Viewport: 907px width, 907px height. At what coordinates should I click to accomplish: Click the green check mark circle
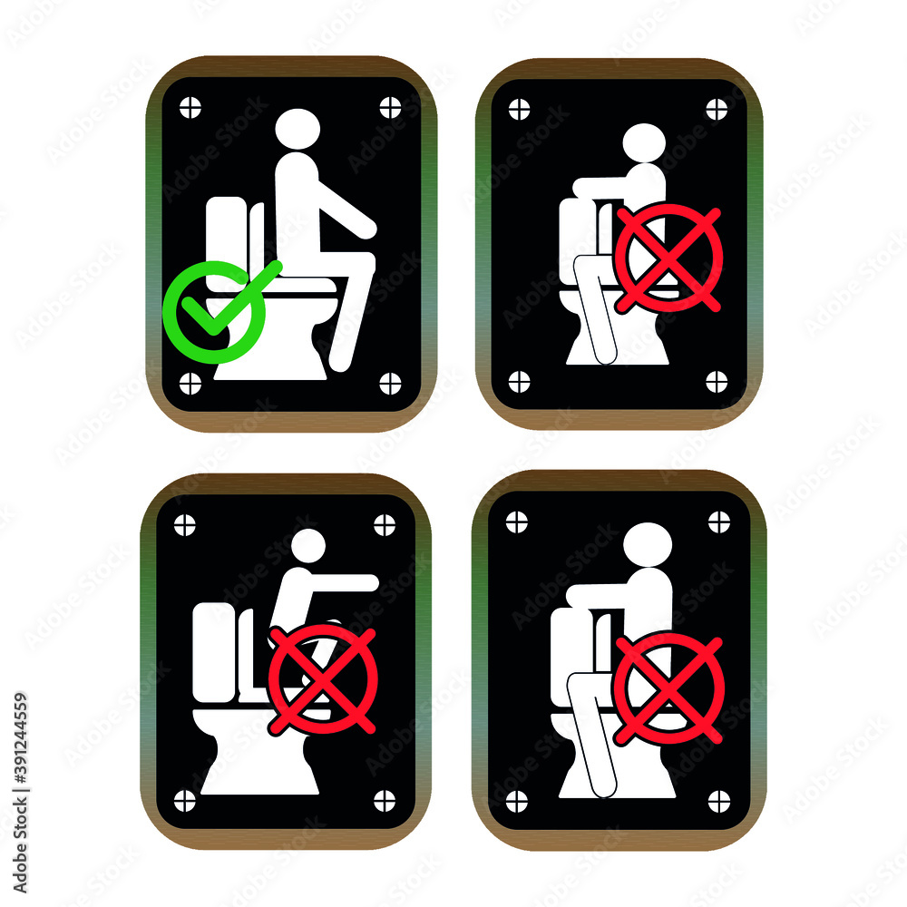(x=215, y=312)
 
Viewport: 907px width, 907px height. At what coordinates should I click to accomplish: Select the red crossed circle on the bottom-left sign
(x=323, y=678)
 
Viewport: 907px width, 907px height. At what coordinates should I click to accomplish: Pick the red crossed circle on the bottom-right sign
(x=669, y=687)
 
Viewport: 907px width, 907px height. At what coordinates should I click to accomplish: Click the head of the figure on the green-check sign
(x=298, y=129)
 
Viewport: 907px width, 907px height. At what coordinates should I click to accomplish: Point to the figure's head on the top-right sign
(x=644, y=143)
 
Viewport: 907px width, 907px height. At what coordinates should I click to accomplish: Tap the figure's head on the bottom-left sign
(x=308, y=545)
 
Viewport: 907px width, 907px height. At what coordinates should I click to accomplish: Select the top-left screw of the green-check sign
(x=190, y=107)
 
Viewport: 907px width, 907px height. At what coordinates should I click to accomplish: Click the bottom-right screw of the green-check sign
(x=390, y=383)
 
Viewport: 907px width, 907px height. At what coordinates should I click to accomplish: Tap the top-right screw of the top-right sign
(x=717, y=109)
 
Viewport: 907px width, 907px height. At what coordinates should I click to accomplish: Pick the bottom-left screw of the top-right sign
(x=519, y=381)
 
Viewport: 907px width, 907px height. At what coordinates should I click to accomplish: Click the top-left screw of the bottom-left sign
(x=184, y=525)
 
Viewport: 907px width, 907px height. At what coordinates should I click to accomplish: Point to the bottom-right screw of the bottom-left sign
(x=385, y=800)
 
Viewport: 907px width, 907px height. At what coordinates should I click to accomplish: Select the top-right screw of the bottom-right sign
(x=718, y=522)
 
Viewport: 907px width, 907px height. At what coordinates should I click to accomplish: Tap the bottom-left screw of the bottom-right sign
(x=516, y=800)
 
